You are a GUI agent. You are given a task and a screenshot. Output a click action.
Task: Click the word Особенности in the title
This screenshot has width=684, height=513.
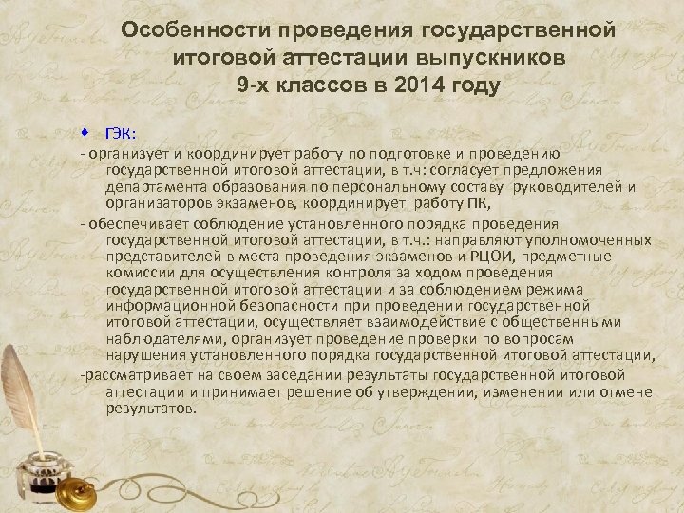pos(184,30)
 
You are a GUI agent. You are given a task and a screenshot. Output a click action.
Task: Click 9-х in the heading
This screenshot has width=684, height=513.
pos(256,84)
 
